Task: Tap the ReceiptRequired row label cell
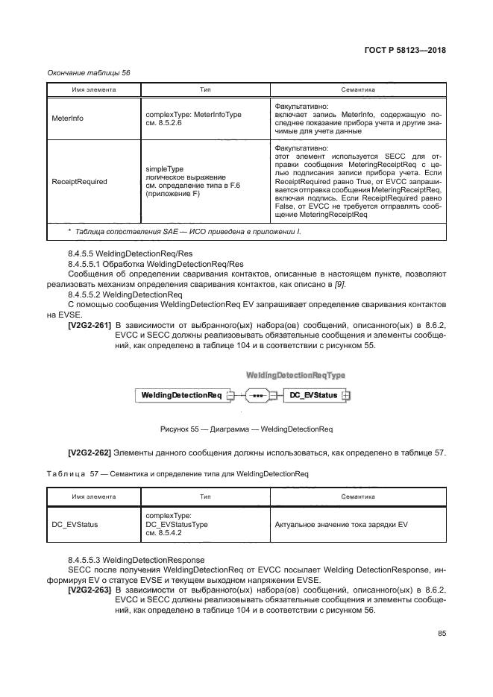tap(79, 181)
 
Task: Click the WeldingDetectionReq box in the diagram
tap(179, 395)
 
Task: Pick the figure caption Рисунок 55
tap(246, 429)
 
